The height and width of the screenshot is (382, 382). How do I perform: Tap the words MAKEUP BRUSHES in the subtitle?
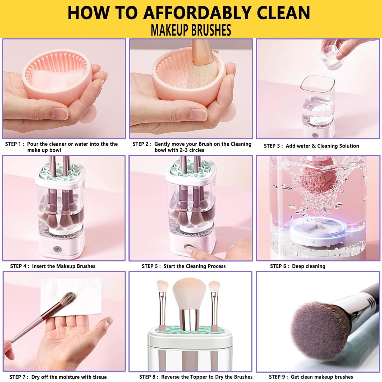[x=191, y=30]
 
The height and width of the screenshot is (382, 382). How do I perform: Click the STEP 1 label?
[x=15, y=144]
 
